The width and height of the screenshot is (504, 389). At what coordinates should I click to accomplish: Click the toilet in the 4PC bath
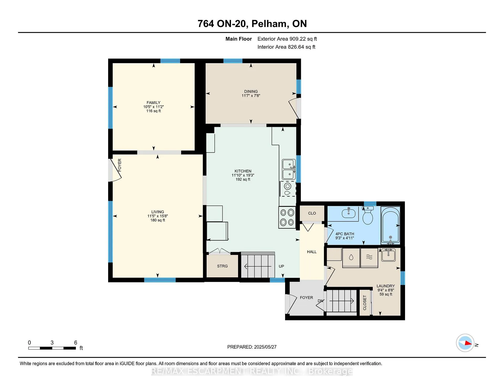point(368,215)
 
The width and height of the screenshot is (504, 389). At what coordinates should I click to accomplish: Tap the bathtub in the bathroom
point(390,225)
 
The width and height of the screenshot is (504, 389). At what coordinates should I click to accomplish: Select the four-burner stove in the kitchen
point(287,217)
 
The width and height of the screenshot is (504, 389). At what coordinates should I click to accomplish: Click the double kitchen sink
point(288,169)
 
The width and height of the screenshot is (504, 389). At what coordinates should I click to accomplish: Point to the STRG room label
point(222,266)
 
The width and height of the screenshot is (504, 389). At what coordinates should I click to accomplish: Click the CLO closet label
point(312,213)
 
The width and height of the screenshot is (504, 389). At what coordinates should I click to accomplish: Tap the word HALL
point(312,252)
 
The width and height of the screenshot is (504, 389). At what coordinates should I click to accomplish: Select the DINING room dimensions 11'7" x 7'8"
point(251,96)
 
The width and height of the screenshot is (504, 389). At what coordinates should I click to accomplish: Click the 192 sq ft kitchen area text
point(243,180)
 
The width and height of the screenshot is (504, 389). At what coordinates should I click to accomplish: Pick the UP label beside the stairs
point(281,266)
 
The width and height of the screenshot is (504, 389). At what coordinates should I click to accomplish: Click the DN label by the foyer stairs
point(321,301)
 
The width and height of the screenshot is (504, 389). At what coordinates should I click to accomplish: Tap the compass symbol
point(465,343)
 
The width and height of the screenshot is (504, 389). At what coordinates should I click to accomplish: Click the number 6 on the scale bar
point(76,343)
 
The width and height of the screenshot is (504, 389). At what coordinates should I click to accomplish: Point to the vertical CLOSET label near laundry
point(365,303)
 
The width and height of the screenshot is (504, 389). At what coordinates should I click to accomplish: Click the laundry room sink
point(388,255)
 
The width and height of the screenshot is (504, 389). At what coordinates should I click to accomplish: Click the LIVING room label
point(157,212)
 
